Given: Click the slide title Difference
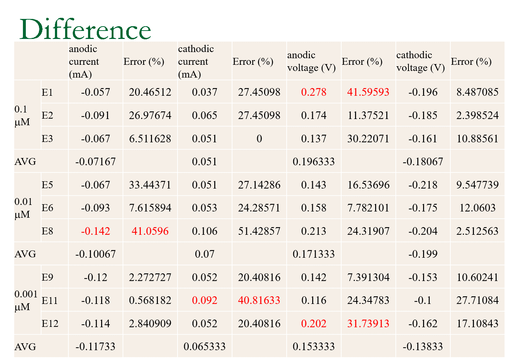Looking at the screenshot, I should pyautogui.click(x=85, y=29).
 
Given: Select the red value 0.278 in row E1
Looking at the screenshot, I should pyautogui.click(x=314, y=92).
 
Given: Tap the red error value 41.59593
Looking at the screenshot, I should pyautogui.click(x=368, y=92).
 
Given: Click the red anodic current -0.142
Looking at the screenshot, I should pyautogui.click(x=95, y=231).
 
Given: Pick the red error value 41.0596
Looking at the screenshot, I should pyautogui.click(x=150, y=231).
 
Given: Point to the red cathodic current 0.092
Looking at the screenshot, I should pyautogui.click(x=204, y=300).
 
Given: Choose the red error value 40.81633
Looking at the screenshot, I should pyautogui.click(x=259, y=300).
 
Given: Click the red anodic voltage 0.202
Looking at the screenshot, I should pyautogui.click(x=314, y=324).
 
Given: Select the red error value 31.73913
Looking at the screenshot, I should pyautogui.click(x=368, y=324).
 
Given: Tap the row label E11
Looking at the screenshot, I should pyautogui.click(x=50, y=300).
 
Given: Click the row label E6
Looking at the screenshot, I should pyautogui.click(x=47, y=208).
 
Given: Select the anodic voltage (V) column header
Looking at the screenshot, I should pyautogui.click(x=311, y=61).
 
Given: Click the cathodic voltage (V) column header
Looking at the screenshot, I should pyautogui.click(x=421, y=61).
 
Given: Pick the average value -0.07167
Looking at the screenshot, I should pyautogui.click(x=95, y=162).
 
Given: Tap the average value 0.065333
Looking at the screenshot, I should pyautogui.click(x=204, y=347).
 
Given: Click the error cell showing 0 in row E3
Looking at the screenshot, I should pyautogui.click(x=259, y=139).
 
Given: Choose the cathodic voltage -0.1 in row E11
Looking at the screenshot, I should pyautogui.click(x=423, y=300).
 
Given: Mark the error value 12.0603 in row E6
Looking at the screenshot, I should pyautogui.click(x=477, y=208).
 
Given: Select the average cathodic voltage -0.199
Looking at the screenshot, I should pyautogui.click(x=423, y=254).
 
